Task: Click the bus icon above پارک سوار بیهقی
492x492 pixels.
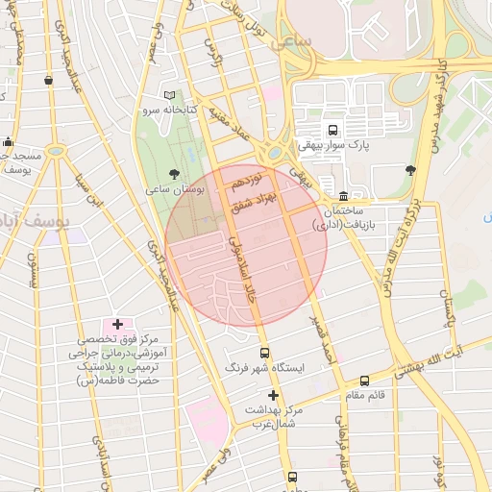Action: [x=332, y=130]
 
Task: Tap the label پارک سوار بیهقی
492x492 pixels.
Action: [x=332, y=146]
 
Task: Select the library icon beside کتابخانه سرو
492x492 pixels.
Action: [x=170, y=96]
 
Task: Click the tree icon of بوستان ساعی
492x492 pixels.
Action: [x=173, y=173]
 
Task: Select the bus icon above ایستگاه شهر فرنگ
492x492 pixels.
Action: [x=264, y=353]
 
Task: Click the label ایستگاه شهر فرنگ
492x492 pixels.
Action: [x=263, y=368]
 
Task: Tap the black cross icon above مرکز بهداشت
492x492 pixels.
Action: [x=273, y=395]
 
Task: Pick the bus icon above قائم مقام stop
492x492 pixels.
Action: [x=364, y=381]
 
